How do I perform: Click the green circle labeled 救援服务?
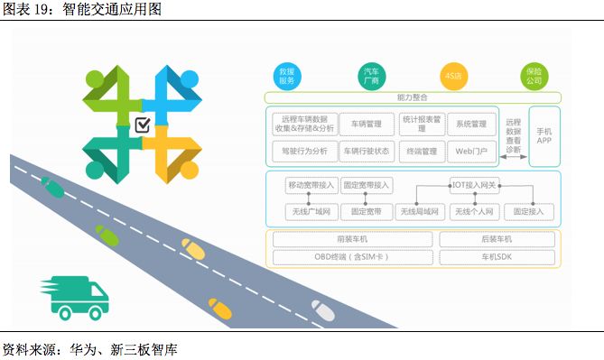click(x=286, y=76)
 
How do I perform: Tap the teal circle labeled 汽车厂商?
click(x=370, y=75)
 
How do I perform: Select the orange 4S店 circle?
click(x=453, y=76)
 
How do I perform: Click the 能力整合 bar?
click(x=413, y=97)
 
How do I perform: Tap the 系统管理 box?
click(x=471, y=123)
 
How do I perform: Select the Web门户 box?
click(x=471, y=151)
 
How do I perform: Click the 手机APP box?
click(x=544, y=135)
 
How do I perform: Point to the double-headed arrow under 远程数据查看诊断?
click(x=513, y=155)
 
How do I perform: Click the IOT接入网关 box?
click(x=475, y=185)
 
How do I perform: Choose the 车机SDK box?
click(x=497, y=257)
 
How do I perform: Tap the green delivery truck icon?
click(x=74, y=299)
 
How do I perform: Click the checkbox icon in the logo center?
click(x=143, y=125)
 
